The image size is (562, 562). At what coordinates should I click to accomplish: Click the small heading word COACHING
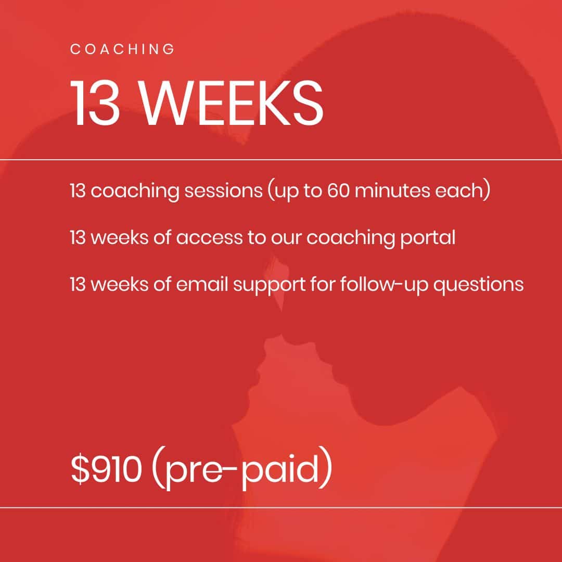122,49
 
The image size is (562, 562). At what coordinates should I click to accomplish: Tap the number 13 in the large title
95,103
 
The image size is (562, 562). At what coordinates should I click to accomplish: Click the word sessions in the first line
223,190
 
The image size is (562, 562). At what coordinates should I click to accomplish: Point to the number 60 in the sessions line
338,190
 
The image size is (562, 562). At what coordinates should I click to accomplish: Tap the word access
209,238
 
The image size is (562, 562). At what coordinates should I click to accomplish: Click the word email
202,284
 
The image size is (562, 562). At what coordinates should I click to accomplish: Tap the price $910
106,469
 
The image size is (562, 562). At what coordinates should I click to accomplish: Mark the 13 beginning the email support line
78,285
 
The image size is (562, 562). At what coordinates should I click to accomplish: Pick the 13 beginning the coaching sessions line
78,190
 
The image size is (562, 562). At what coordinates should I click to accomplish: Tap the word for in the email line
323,284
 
